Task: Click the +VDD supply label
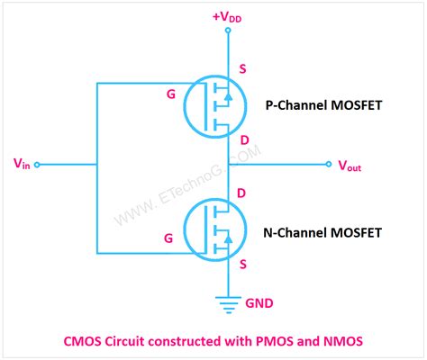tap(227, 15)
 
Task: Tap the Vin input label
tap(23, 164)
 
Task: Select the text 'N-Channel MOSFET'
tap(323, 233)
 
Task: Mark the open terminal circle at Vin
tap(37, 165)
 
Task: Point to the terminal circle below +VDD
tap(228, 30)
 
